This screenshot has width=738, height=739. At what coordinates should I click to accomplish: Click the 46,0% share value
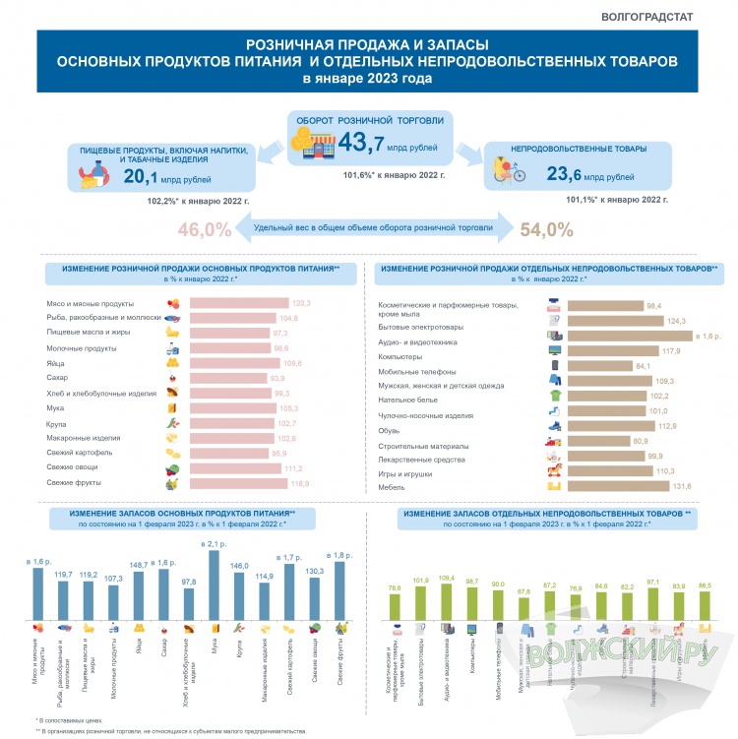coord(206,229)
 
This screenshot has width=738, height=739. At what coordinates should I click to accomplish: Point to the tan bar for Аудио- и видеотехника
coord(629,336)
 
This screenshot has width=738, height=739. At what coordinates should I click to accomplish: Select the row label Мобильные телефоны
coord(417,372)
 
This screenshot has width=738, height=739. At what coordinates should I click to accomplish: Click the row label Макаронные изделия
coord(83,438)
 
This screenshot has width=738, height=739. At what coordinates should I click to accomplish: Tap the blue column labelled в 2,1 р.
coord(214,585)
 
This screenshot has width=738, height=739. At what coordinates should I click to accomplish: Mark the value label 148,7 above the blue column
coord(137,565)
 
